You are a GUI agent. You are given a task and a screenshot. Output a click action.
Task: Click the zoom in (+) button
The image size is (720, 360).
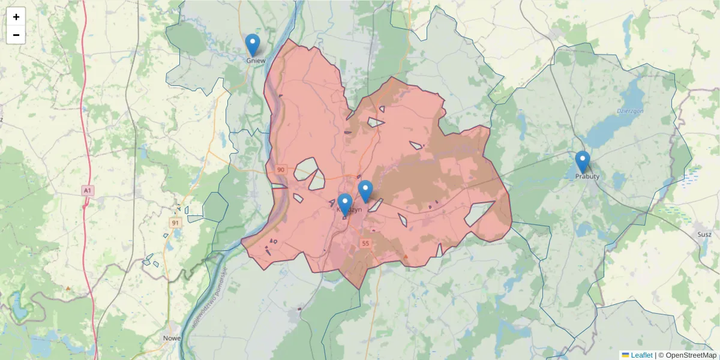click(x=16, y=17)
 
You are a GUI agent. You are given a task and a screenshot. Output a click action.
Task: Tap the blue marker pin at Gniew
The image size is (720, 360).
click(x=253, y=44)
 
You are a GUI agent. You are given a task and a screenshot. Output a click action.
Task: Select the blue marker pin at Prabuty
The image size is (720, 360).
click(x=582, y=161)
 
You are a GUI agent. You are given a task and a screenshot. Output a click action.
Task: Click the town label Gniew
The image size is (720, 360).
click(x=256, y=61)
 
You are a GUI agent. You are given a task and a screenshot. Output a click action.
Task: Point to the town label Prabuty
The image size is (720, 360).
click(x=587, y=176)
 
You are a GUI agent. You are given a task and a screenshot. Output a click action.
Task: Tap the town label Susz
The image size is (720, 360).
click(x=703, y=234)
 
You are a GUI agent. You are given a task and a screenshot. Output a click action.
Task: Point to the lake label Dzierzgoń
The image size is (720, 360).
click(x=630, y=112)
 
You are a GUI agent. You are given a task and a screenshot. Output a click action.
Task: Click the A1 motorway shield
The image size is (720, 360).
click(x=88, y=190)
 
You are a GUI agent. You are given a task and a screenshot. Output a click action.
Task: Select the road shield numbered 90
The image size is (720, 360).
click(x=281, y=170)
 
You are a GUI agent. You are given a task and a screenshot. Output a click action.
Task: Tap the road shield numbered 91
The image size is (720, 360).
click(x=175, y=223)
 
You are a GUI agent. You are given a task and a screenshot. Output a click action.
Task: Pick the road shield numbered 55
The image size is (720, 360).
click(x=365, y=243)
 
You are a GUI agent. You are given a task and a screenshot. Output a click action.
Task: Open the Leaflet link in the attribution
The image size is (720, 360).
click(x=641, y=355)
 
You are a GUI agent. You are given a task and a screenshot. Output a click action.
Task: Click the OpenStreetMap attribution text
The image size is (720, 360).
click(x=688, y=355)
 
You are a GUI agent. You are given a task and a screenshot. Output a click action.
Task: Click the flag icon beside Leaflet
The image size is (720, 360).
click(x=625, y=355)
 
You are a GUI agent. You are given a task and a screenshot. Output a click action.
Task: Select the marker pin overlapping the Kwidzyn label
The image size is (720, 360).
click(x=344, y=203)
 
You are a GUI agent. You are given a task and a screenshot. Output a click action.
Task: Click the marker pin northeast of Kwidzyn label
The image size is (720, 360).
click(x=365, y=190)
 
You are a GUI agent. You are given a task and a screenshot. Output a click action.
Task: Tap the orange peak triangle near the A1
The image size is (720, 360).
click(x=68, y=289)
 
